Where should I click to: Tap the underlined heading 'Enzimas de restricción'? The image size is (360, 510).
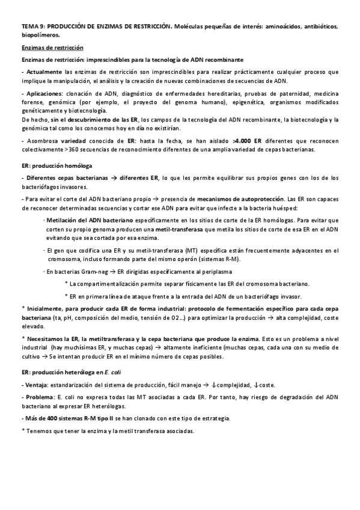coord(52,48)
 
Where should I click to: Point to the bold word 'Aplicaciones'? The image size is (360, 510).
coord(43,94)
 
